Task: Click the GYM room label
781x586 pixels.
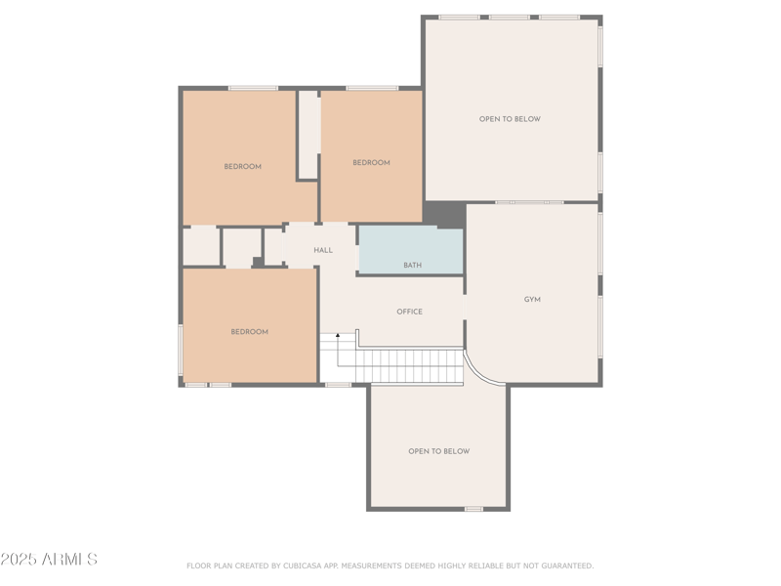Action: [532, 300]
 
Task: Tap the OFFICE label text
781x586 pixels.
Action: [409, 312]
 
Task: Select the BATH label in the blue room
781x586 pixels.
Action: [413, 266]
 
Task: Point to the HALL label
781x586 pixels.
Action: [323, 251]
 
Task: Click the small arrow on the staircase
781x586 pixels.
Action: [339, 337]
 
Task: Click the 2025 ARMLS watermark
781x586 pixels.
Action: [49, 560]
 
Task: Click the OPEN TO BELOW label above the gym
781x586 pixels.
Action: [510, 119]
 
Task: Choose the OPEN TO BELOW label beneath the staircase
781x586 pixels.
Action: [438, 451]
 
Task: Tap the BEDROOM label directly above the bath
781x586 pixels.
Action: [371, 163]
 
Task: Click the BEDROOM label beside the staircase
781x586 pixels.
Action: [249, 332]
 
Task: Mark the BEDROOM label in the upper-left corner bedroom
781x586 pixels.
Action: [242, 167]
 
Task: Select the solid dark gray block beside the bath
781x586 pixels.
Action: [445, 214]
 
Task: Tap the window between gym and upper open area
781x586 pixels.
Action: [529, 202]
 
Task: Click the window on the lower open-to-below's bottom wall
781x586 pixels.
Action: [473, 508]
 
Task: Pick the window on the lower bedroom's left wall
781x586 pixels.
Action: [181, 350]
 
